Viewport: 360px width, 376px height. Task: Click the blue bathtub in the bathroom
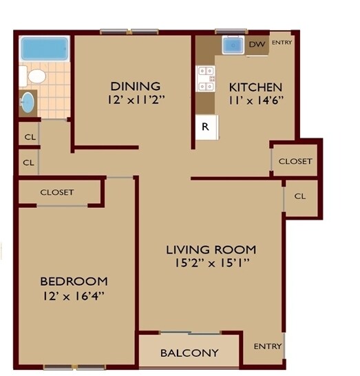[x=44, y=49]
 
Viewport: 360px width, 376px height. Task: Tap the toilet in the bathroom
[x=33, y=74]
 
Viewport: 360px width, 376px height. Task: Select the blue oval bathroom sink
[x=28, y=102]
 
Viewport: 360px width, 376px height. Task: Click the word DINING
[x=135, y=86]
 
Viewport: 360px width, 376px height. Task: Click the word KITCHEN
[x=255, y=87]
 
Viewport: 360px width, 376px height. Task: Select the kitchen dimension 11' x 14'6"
[x=255, y=101]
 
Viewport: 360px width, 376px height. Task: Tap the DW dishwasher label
[x=257, y=45]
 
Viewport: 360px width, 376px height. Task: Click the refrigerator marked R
[x=206, y=127]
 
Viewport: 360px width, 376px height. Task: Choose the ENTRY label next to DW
[x=282, y=43]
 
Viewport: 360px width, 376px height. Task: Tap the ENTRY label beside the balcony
[x=268, y=346]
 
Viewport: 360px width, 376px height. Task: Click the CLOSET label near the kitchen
[x=295, y=162]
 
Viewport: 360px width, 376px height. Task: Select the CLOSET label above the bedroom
[x=57, y=192]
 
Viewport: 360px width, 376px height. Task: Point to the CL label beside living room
[x=299, y=196]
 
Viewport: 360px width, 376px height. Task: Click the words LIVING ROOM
[x=211, y=249]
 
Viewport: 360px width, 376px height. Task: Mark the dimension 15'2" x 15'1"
[x=211, y=262]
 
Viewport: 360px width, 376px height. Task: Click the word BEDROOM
[x=74, y=281]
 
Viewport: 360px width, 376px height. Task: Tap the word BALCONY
[x=189, y=353]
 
